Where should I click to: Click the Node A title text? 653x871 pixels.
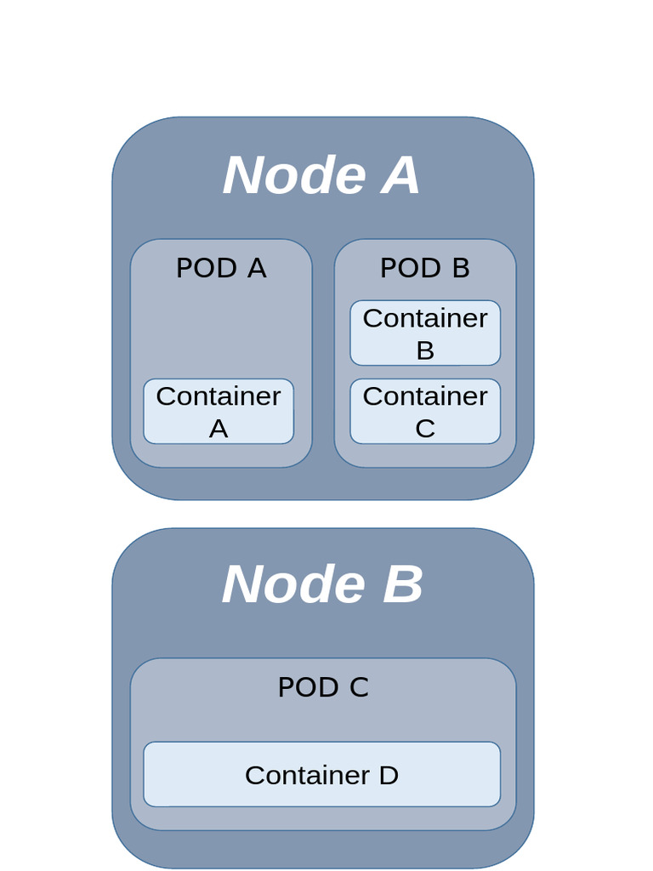[x=321, y=175]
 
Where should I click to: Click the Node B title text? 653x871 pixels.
[x=322, y=585]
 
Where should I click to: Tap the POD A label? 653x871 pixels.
[x=221, y=268]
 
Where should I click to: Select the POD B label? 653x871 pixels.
[x=424, y=268]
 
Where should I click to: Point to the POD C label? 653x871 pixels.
[x=323, y=686]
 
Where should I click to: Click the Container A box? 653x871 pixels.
[x=219, y=412]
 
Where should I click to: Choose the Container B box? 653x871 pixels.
[x=425, y=333]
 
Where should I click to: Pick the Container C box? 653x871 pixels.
[x=425, y=412]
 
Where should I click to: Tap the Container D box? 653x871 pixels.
[x=321, y=774]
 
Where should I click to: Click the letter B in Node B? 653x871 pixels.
[x=402, y=585]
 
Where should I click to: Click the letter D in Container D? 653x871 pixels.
[x=388, y=775]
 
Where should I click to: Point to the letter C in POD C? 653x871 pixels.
[x=358, y=686]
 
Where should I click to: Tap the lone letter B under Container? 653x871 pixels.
[x=425, y=350]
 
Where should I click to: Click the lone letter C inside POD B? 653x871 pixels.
[x=425, y=429]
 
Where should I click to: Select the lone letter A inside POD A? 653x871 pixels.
[x=219, y=429]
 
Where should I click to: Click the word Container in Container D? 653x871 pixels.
[x=307, y=775]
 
